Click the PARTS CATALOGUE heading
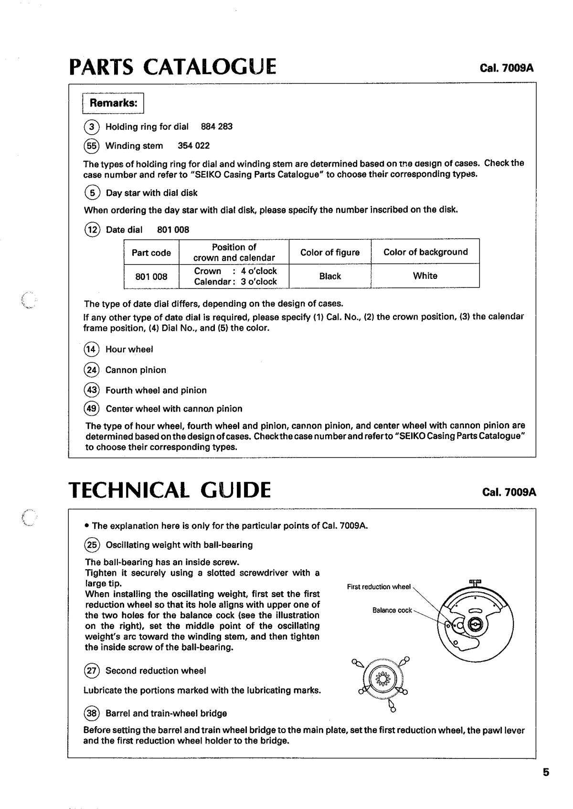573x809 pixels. pos(172,66)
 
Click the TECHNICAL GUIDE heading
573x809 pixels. pos(170,490)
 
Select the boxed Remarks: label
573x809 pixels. pos(114,103)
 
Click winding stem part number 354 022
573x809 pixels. pos(193,146)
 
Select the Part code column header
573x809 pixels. pos(151,253)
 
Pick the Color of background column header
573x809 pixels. pos(425,252)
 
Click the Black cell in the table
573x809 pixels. pos(330,276)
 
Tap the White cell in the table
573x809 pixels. pos(425,276)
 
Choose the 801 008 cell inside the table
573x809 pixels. pos(151,276)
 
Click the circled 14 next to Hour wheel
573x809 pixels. pos(91,350)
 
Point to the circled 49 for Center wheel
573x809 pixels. pos(91,409)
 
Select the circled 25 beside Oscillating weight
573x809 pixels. pos(91,545)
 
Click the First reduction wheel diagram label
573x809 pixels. pos(379,587)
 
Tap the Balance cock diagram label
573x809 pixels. pos(392,610)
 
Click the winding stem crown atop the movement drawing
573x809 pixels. pos(475,583)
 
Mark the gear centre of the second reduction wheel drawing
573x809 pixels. pos(383,679)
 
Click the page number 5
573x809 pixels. pos(546,772)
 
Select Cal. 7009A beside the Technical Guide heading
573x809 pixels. pos(509,492)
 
